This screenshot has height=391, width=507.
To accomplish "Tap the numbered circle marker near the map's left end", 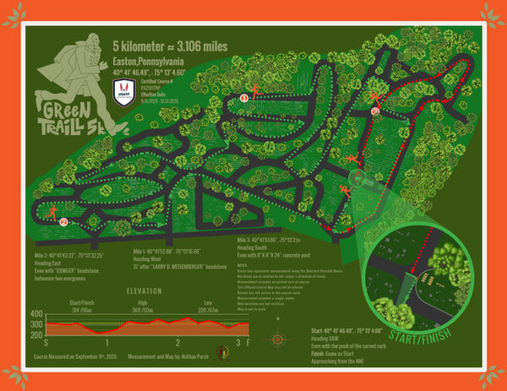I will (x=63, y=222).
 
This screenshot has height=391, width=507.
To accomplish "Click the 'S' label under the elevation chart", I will (x=46, y=343).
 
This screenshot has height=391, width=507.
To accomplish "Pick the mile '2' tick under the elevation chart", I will (x=178, y=343).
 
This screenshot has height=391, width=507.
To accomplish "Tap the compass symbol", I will (x=276, y=339).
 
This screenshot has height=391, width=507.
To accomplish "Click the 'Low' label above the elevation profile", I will (x=208, y=301).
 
